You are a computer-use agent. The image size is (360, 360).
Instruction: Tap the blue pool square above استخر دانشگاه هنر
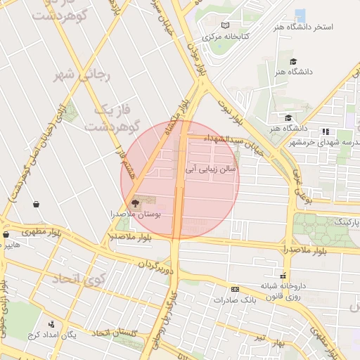pos(300,15)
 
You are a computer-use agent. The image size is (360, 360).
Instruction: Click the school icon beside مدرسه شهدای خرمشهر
pos(325,131)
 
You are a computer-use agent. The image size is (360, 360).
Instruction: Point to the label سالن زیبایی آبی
pos(212,169)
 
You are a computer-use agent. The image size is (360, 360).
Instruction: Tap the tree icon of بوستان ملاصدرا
pos(136,202)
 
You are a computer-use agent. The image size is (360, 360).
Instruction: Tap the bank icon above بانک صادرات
pos(235,289)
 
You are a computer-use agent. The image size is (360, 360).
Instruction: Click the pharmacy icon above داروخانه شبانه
pos(283,276)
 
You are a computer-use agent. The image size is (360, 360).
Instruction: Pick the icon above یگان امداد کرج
pos(51,324)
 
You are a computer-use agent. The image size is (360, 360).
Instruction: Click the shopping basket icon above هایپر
pos(6,235)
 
